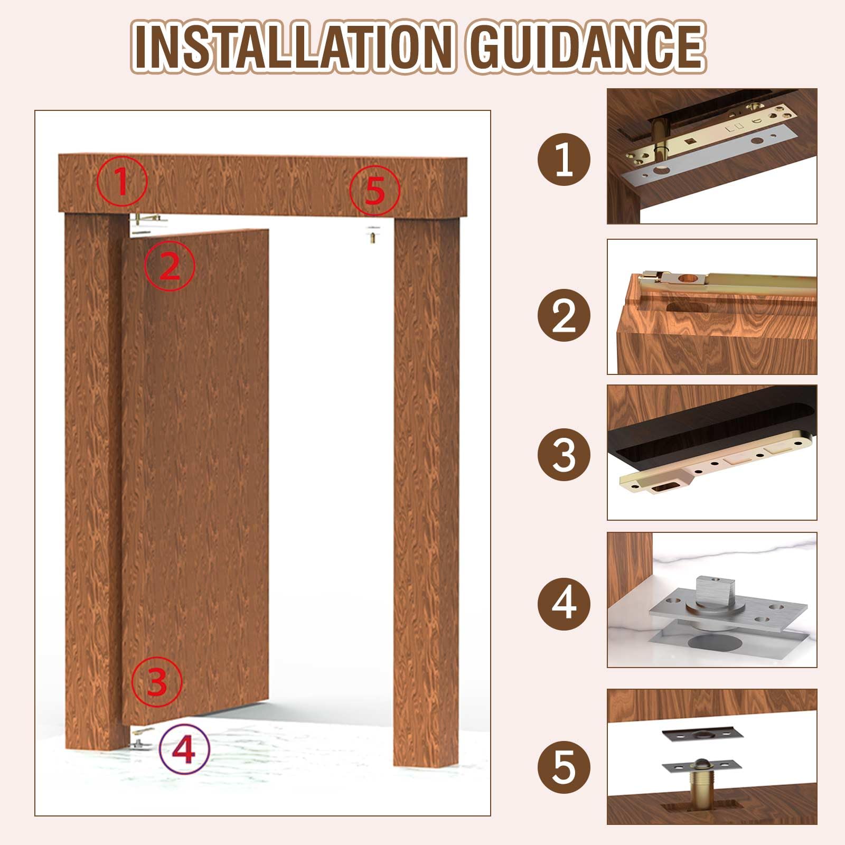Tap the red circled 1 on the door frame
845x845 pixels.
122,182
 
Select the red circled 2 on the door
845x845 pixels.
170,266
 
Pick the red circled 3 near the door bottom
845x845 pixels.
157,681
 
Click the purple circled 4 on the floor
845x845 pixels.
184,749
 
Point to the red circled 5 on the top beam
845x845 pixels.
374,190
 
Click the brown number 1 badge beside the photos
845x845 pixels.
564,159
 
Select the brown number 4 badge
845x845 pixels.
564,603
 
